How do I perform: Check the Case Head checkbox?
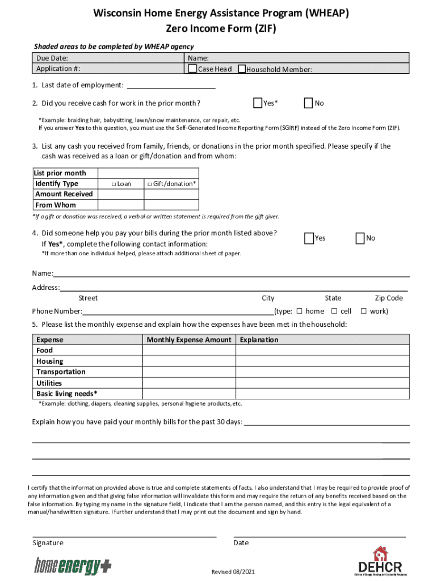[192, 69]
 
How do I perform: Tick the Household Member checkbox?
[242, 69]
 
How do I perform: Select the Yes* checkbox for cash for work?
[257, 103]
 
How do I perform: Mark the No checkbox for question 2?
[309, 103]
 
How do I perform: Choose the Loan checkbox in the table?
[114, 184]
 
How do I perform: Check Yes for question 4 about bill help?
[309, 238]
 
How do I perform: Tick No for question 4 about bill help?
[360, 238]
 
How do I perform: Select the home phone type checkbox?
[299, 311]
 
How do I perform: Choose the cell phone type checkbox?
[334, 311]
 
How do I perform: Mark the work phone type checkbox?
[364, 311]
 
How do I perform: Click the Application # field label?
[58, 69]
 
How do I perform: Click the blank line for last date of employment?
[171, 86]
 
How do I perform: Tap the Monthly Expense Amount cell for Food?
[188, 350]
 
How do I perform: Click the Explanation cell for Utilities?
[322, 383]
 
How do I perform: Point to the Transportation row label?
[61, 372]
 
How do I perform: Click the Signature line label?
[48, 543]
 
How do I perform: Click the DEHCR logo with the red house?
[380, 562]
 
